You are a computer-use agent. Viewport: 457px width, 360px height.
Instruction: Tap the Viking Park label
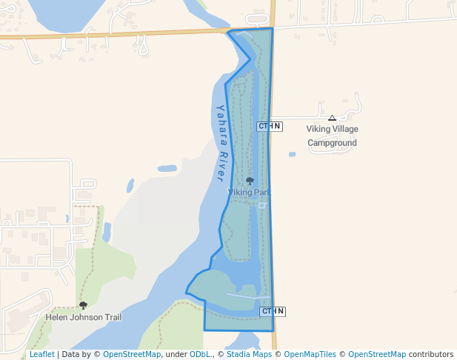point(249,193)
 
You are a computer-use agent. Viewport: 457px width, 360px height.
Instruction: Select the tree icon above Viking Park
point(250,181)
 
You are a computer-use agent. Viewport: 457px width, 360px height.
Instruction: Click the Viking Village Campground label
point(332,136)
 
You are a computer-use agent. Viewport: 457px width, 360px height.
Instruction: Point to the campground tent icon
point(332,118)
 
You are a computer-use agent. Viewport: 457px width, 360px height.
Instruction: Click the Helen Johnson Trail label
point(84,317)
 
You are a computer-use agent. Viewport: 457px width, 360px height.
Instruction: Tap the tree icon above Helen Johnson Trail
point(83,305)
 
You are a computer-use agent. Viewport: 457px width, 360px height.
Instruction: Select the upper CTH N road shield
point(270,127)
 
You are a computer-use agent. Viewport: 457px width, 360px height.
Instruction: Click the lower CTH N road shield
point(273,312)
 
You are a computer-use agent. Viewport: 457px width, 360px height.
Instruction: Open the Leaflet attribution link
point(41,355)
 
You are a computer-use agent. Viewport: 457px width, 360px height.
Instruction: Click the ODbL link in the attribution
point(200,355)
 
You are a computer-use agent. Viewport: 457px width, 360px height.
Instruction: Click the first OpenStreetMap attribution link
point(131,355)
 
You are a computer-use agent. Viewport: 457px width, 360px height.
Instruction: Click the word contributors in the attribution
point(431,355)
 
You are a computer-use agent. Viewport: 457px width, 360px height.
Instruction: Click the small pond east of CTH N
point(292,154)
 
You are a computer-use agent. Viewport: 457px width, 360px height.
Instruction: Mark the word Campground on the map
point(333,143)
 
